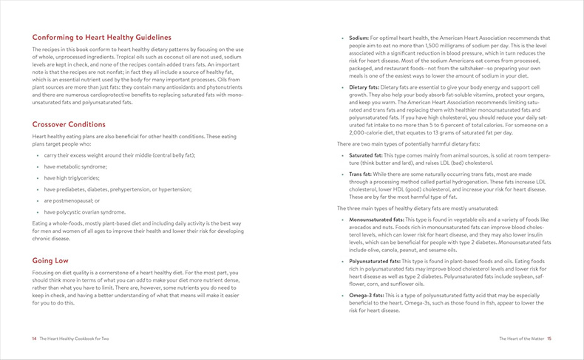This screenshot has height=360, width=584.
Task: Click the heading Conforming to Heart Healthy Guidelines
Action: (x=101, y=37)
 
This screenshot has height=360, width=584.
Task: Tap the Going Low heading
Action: (x=50, y=260)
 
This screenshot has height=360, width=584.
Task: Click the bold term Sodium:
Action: (x=359, y=38)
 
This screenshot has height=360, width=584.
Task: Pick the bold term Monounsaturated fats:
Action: (x=376, y=220)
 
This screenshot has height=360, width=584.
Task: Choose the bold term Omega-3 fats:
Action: (x=366, y=295)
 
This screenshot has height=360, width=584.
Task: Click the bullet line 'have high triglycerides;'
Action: (x=76, y=178)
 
